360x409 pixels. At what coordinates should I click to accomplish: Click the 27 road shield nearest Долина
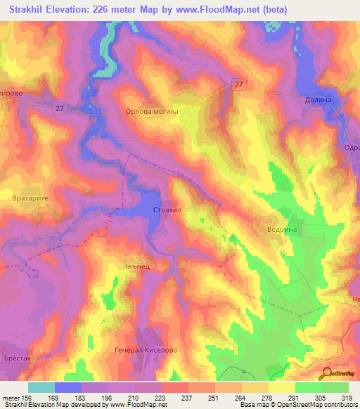[239, 84]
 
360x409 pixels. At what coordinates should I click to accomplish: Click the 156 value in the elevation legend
[27, 398]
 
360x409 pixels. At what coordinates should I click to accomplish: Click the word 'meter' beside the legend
[10, 398]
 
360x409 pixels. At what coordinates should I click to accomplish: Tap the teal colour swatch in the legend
[41, 387]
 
